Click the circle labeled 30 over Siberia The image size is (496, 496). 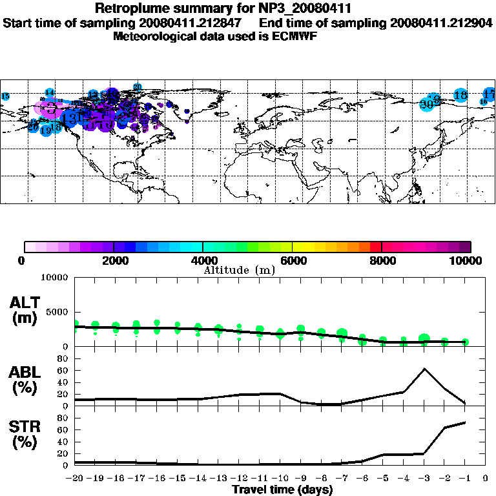pyautogui.click(x=426, y=104)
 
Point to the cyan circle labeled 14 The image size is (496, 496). pyautogui.click(x=50, y=93)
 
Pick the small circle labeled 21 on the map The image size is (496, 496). pyautogui.click(x=137, y=87)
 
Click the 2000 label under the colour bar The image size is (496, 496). pyautogui.click(x=113, y=260)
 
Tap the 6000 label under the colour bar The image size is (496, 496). pyautogui.click(x=292, y=260)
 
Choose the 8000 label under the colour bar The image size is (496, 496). pyautogui.click(x=382, y=260)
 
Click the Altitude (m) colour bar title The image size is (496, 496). pyautogui.click(x=240, y=270)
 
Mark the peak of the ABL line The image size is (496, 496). pyautogui.click(x=424, y=369)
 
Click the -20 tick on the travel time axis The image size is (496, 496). pyautogui.click(x=75, y=478)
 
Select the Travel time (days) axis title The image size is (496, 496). pyautogui.click(x=282, y=490)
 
